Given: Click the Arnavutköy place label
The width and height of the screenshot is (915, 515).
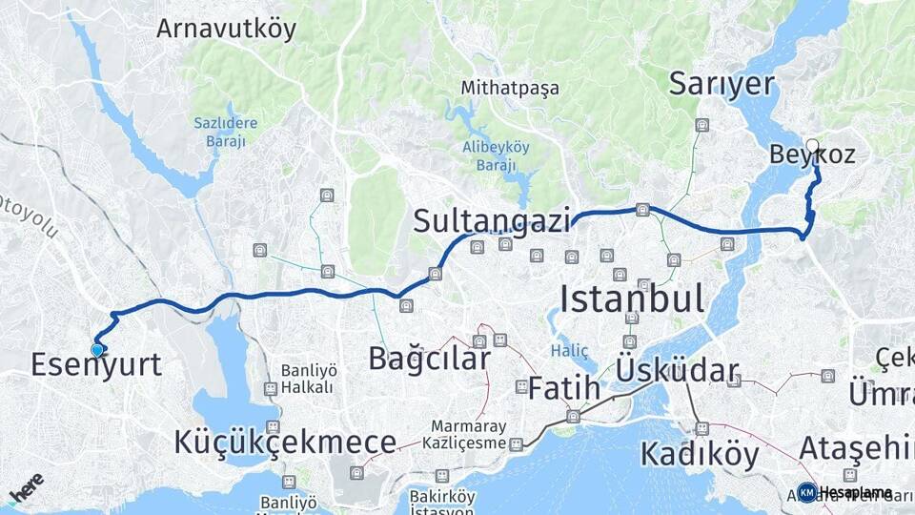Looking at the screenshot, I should tap(226, 29).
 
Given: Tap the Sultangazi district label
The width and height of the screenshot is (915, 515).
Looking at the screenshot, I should tap(491, 221).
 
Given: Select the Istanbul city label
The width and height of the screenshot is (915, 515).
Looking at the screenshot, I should tap(632, 299).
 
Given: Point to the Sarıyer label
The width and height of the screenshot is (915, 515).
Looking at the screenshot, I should tap(721, 83).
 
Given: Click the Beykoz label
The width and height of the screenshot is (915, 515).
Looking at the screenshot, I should tap(811, 155).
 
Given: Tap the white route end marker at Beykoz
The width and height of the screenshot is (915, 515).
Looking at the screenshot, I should tap(812, 146).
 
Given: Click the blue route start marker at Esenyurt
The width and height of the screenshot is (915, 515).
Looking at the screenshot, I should tap(96, 350).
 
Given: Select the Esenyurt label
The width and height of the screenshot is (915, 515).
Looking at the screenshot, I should tap(95, 364).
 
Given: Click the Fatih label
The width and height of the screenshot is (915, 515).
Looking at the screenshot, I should tap(564, 388).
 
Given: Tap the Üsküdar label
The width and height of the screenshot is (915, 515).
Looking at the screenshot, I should tap(678, 370).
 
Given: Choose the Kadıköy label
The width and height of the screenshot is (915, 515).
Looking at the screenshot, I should tap(700, 454).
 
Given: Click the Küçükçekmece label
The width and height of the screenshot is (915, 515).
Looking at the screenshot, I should tap(284, 443).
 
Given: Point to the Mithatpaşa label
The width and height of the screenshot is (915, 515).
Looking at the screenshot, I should tap(510, 88).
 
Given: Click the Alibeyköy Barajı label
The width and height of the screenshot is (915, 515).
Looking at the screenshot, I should tap(496, 154).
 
